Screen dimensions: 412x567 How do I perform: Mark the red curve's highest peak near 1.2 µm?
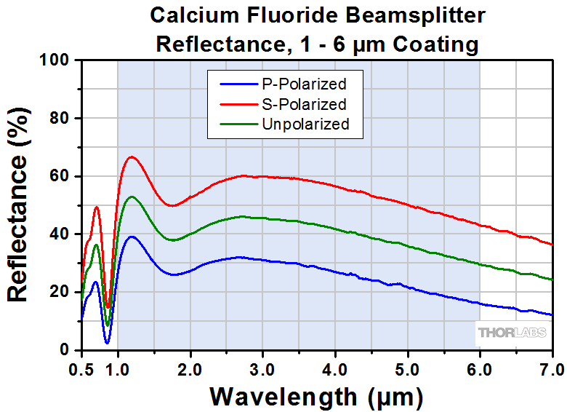[x=132, y=157]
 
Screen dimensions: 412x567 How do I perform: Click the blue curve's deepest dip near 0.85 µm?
[x=107, y=342]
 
